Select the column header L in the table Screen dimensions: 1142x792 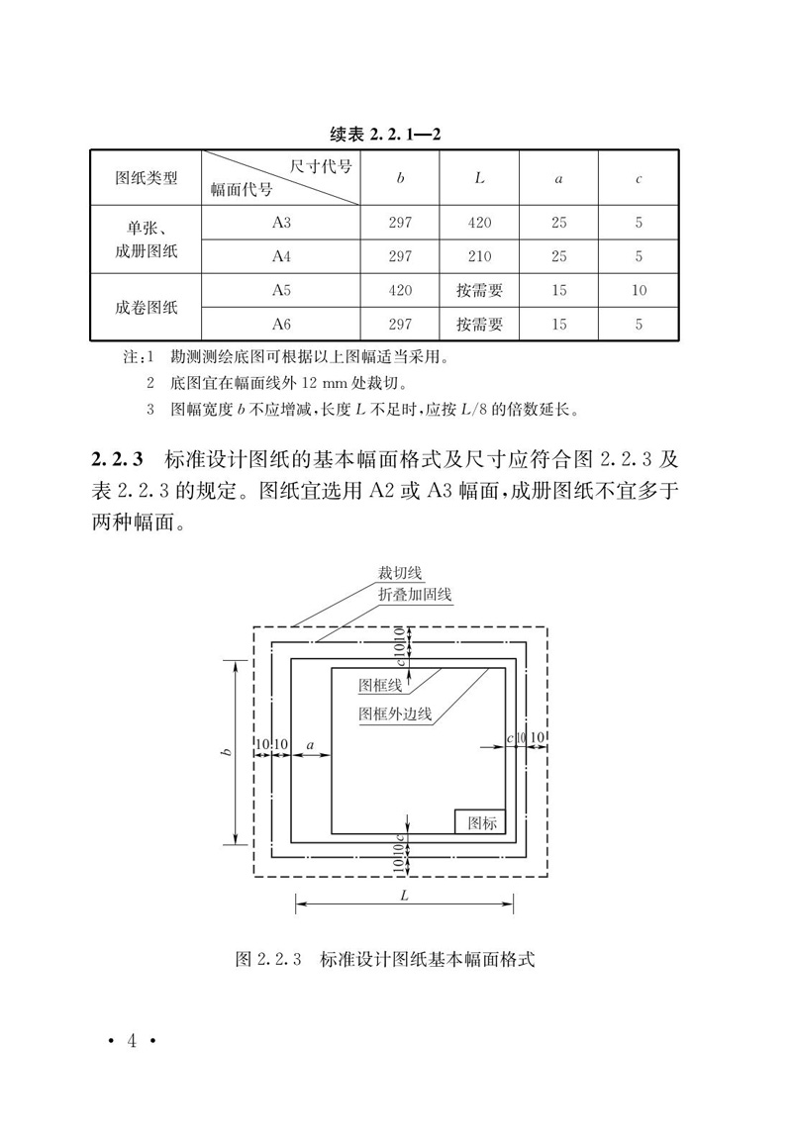click(479, 178)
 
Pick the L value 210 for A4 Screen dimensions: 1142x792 click(479, 256)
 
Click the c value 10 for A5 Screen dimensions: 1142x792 click(639, 290)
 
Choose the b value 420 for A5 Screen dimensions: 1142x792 click(400, 290)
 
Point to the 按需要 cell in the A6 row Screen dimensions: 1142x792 click(479, 324)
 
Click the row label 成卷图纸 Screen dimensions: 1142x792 click(147, 307)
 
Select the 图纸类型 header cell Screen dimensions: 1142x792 click(147, 178)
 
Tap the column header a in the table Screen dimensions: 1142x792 click(559, 178)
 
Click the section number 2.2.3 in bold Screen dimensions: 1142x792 click(118, 460)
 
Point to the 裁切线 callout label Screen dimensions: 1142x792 click(399, 573)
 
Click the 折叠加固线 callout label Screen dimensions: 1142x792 click(415, 594)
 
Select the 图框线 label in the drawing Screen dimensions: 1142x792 click(380, 685)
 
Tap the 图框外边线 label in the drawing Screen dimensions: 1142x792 click(395, 713)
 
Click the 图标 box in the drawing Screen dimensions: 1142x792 click(480, 821)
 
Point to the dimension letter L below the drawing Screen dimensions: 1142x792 click(404, 893)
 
